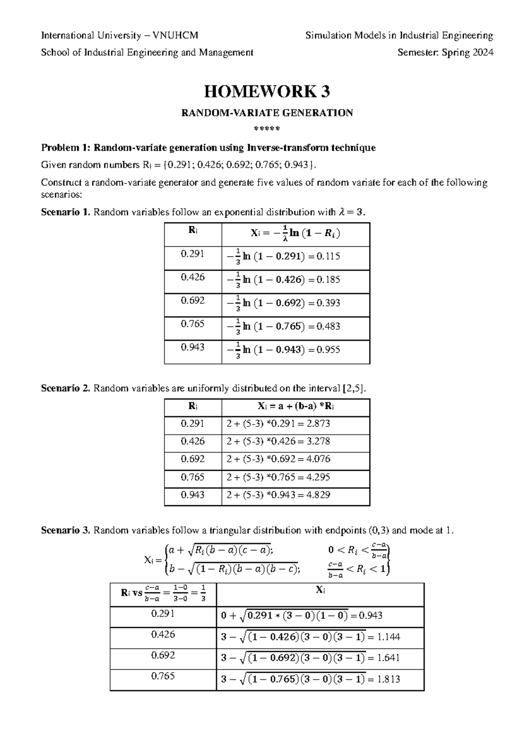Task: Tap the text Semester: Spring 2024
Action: pos(445,53)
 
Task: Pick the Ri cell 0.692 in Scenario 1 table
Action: pos(193,301)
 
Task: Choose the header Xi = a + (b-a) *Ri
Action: pos(296,406)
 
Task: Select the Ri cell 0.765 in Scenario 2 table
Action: pos(193,477)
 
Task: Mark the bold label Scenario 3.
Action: pos(65,530)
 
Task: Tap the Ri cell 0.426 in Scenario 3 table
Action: pos(163,634)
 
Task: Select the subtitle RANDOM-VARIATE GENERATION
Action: pos(267,113)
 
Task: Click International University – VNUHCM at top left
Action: pos(120,35)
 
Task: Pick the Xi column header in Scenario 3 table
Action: pos(320,590)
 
